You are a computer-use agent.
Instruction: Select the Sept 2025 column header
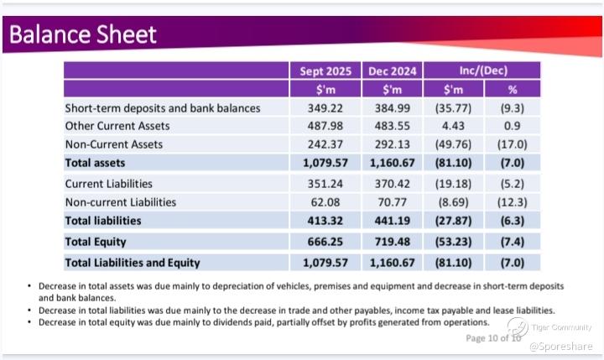325,70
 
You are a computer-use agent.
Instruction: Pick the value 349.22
325,108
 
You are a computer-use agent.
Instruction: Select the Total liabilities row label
103,221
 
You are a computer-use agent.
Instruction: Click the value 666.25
325,242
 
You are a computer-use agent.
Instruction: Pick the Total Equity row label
95,242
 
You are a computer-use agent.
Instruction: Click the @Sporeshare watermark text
561,346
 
